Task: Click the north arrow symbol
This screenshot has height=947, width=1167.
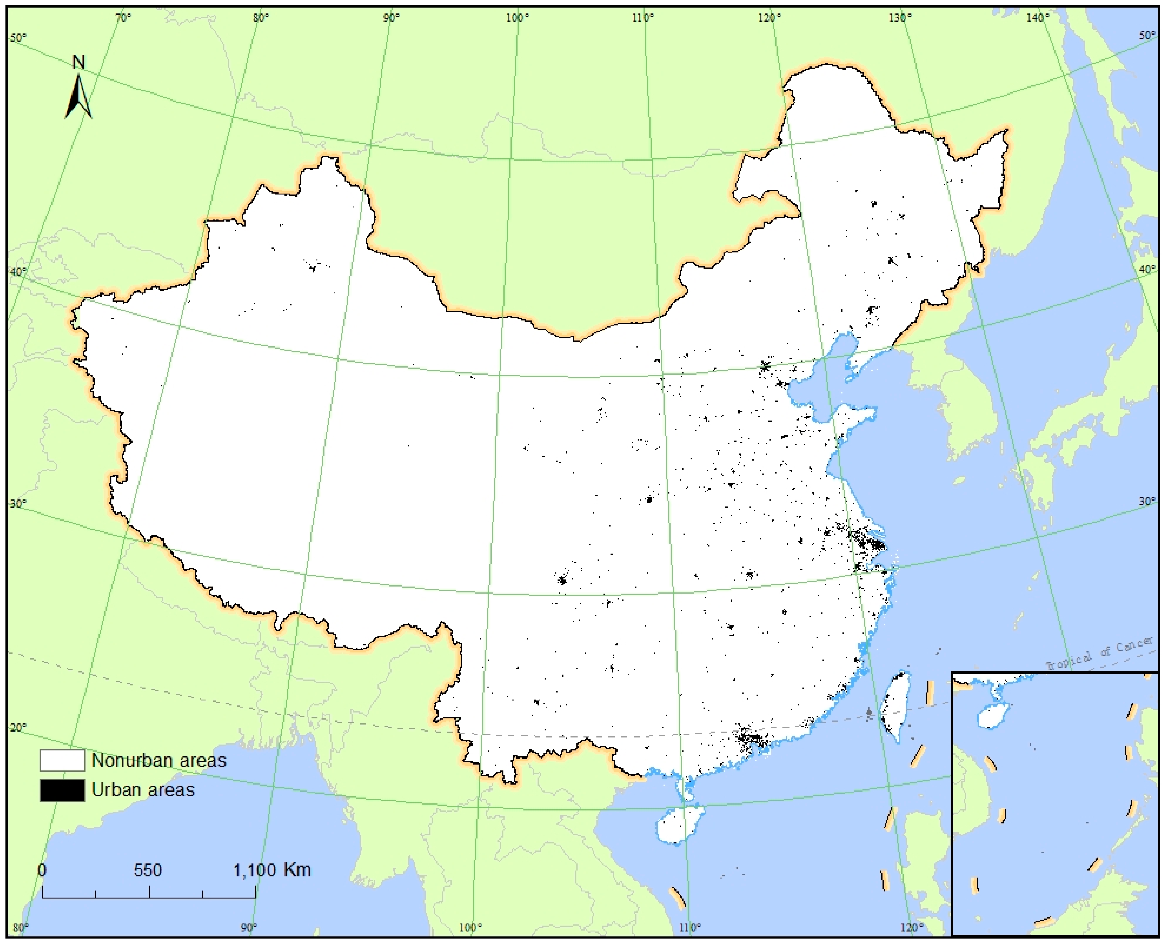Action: click(x=79, y=98)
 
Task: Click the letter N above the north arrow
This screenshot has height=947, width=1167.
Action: click(x=79, y=62)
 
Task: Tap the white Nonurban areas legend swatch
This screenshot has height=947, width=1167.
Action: click(x=62, y=760)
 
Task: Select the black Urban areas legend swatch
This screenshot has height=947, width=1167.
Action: click(x=62, y=790)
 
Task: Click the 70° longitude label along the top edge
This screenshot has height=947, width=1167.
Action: click(x=124, y=18)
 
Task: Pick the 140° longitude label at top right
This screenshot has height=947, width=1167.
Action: click(x=1037, y=18)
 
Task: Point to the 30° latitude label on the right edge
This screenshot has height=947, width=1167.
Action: click(x=1147, y=501)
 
